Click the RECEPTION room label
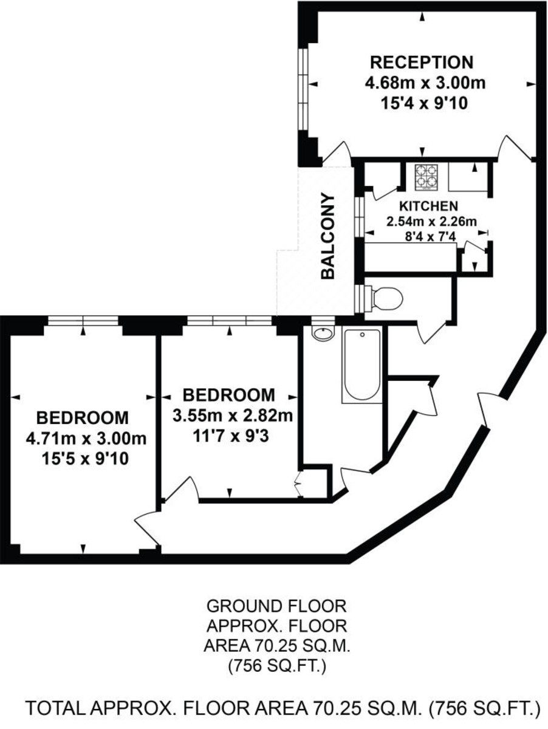pos(422,63)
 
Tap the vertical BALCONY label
pos(329,236)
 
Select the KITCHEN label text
pos(428,206)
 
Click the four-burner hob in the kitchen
pos(426,177)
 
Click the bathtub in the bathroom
pos(362,364)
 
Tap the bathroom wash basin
pos(323,333)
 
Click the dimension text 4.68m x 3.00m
pos(425,83)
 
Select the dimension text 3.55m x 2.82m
pos(233,416)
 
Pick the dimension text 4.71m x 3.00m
pos(86,439)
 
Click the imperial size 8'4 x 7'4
pos(430,237)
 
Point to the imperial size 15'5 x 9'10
pos(85,459)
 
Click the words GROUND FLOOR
pos(276,606)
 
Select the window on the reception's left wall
pos(303,90)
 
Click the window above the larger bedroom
pos(83,321)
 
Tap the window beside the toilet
pos(359,298)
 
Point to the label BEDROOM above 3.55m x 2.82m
pos(229,395)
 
